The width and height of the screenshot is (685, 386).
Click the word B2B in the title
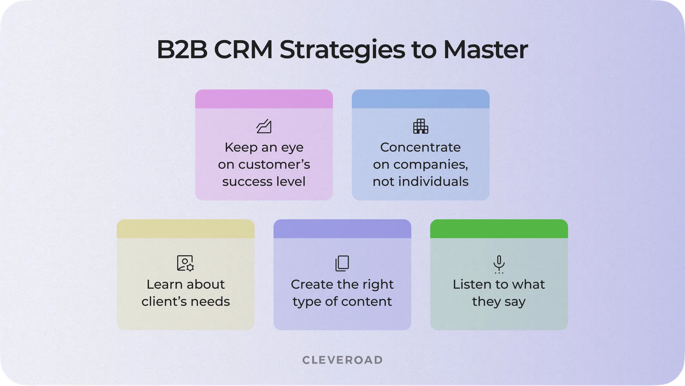182,50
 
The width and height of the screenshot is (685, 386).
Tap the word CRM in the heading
243,50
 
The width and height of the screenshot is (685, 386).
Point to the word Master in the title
485,50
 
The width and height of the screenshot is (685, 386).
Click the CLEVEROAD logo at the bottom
342,360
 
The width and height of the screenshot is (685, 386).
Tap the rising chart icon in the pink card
264,126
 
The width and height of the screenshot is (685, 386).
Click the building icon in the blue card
420,126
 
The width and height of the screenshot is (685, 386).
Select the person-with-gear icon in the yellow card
185,263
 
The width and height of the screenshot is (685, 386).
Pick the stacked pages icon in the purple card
342,263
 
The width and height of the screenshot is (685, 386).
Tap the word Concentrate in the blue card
420,147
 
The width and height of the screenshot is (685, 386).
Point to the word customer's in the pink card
274,165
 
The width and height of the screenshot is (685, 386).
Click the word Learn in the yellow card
162,284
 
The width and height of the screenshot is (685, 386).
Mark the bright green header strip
499,229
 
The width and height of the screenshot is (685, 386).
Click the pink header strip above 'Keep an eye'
264,99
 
